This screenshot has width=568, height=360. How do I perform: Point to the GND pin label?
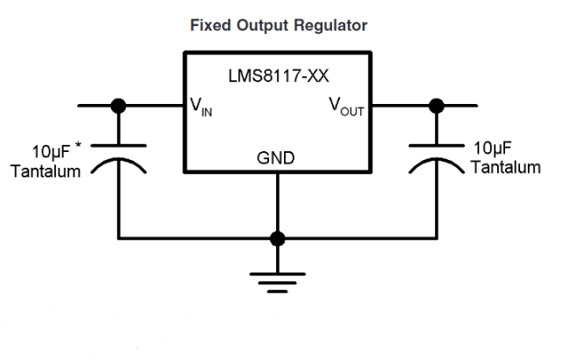[276, 158]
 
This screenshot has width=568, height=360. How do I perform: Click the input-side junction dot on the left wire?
[119, 107]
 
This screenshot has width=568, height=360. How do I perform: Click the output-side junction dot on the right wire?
[436, 107]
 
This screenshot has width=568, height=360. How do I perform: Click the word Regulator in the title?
[330, 27]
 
